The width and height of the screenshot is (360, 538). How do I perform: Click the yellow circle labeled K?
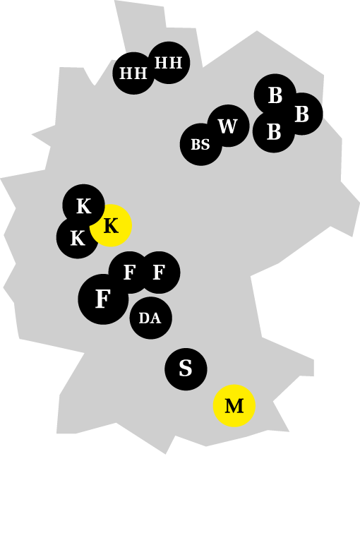(x=111, y=225)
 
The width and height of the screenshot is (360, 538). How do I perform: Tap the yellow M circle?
(x=234, y=405)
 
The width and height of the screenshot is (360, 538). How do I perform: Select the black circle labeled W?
(x=228, y=126)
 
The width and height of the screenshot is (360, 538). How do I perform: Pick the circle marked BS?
(x=201, y=145)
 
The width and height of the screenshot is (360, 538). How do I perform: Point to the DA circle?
(x=150, y=318)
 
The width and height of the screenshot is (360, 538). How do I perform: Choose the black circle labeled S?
(x=186, y=369)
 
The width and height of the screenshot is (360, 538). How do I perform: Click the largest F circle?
(x=103, y=299)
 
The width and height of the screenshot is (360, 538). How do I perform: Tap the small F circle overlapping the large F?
(x=130, y=273)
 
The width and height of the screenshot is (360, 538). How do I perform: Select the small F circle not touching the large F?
(x=159, y=273)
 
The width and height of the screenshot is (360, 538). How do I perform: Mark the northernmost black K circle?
(x=84, y=205)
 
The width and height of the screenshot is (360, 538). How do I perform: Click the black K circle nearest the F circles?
(x=78, y=237)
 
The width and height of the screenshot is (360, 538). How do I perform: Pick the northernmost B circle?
(x=275, y=95)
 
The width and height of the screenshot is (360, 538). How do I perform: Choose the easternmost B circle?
(x=301, y=114)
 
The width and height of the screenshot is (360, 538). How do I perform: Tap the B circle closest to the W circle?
(x=274, y=131)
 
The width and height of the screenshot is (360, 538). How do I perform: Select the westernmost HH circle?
(x=134, y=73)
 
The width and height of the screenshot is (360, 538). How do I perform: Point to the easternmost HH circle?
(x=169, y=63)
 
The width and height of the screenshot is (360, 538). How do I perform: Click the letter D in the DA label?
(x=144, y=318)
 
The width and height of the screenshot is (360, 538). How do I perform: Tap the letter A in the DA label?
(x=155, y=318)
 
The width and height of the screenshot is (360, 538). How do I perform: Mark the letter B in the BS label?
(x=196, y=145)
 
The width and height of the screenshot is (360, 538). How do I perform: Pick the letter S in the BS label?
(x=205, y=145)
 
